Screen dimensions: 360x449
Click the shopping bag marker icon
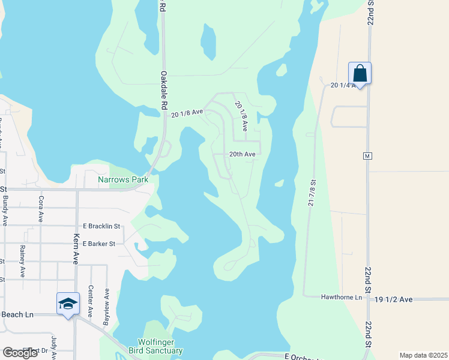360,73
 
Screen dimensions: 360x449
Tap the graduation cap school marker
68,304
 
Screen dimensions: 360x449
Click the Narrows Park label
123,179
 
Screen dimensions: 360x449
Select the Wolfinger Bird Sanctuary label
155,346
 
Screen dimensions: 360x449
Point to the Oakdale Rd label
163,90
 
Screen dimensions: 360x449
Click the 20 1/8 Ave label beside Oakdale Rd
187,112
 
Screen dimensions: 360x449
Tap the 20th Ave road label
243,154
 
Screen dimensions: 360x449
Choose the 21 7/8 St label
312,193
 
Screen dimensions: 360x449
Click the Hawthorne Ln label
342,297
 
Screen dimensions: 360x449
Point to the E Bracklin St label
102,226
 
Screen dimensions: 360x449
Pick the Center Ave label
90,301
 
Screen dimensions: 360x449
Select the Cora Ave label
41,208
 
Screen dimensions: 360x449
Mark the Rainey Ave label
22,261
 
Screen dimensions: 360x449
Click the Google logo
20,352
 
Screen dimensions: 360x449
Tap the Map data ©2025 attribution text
423,355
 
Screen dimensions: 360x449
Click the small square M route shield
367,156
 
